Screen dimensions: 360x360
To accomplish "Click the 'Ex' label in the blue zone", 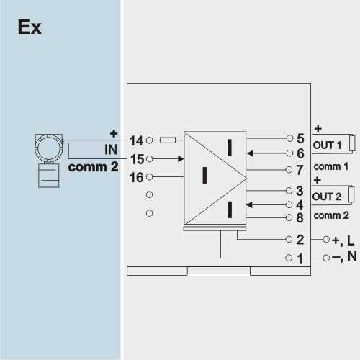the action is tap(30, 27).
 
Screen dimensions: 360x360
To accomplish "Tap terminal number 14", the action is tap(136, 140).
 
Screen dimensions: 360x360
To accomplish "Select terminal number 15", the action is tap(137, 159).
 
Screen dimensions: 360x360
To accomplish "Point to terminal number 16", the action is tap(137, 178).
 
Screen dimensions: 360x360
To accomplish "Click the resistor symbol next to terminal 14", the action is tap(168, 140).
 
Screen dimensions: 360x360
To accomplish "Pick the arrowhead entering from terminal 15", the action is tap(181, 158).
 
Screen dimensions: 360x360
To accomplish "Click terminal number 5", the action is tap(300, 138).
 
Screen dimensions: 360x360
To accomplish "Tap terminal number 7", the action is tap(300, 170).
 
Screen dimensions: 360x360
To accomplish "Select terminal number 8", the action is tap(300, 217).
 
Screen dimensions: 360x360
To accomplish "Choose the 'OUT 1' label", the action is tap(327, 145).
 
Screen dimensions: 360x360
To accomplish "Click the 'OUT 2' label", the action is tap(327, 197).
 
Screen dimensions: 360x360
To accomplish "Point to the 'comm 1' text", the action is tap(331, 166).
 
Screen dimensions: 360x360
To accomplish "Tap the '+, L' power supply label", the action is tap(343, 240).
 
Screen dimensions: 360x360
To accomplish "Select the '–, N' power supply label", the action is tap(344, 256).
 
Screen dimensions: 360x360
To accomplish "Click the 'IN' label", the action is tap(111, 150).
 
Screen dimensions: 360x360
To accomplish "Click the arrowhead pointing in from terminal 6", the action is tap(250, 153).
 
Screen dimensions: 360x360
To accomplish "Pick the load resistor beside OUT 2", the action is tap(351, 194).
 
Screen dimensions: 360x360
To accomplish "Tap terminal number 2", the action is tap(300, 240).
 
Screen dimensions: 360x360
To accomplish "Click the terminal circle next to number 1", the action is tap(289, 258).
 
